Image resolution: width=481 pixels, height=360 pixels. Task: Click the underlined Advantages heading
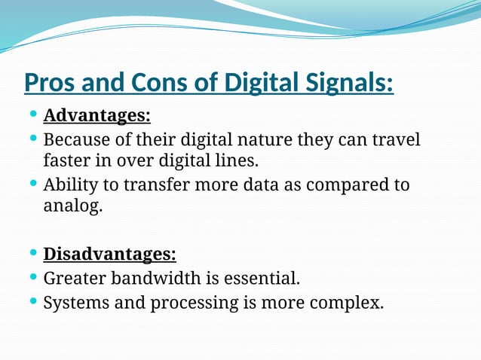[97, 117]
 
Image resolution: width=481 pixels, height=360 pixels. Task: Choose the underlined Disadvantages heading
[110, 254]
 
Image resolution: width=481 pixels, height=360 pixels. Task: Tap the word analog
[72, 206]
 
